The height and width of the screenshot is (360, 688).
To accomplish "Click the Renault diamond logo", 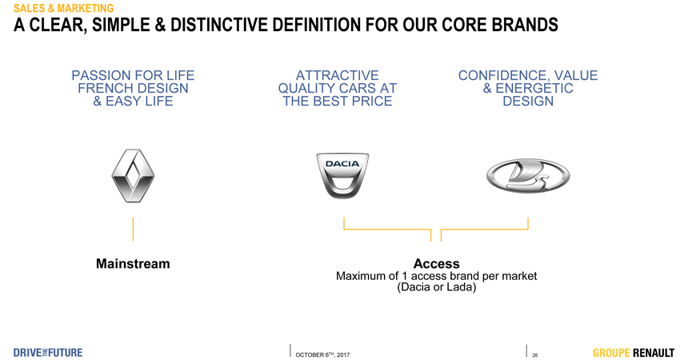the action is pos(133,176).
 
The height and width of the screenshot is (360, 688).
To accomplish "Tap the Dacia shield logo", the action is pos(342,175).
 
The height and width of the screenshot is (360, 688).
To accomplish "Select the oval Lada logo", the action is pos(528,176).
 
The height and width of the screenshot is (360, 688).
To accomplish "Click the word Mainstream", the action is pos(133,263).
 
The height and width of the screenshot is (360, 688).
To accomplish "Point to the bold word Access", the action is pos(437,263).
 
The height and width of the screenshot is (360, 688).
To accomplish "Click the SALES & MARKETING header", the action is pos(64,8).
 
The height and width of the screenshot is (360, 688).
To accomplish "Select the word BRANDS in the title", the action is pos(525,25).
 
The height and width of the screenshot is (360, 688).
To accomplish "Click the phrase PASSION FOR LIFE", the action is pos(133,75).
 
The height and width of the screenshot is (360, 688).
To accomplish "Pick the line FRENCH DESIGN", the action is pos(133,88).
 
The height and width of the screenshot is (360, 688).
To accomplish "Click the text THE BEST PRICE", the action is pos(338,101).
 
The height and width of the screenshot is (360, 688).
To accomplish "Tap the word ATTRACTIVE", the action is pos(338,75).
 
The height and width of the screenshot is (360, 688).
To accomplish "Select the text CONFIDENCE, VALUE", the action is pos(528,75).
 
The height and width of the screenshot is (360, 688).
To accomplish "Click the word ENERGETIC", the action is pos(534,88).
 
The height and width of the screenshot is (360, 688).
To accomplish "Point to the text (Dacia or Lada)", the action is pos(437,287).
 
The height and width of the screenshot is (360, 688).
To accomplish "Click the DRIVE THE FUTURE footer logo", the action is pos(48,353).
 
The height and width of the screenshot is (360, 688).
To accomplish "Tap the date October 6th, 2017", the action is pos(322,354).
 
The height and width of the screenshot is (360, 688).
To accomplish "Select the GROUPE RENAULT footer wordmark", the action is pos(633,353).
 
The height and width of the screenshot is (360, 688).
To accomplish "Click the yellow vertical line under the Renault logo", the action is pos(133,229).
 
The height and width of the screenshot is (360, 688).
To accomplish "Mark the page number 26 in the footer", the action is pos(535,355).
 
